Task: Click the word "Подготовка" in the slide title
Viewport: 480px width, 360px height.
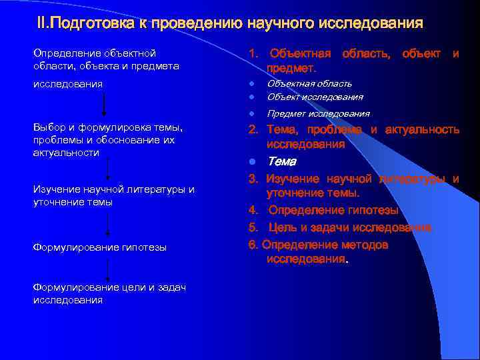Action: click(97, 25)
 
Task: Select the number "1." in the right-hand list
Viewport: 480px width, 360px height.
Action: click(254, 53)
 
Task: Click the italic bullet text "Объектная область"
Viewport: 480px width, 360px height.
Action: click(309, 84)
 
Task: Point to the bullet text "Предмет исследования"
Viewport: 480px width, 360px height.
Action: click(318, 113)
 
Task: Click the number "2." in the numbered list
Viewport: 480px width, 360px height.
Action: click(253, 129)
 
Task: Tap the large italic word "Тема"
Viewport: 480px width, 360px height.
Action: click(282, 161)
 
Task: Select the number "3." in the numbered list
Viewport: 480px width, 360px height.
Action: click(253, 179)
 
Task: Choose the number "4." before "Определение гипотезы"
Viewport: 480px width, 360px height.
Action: click(253, 211)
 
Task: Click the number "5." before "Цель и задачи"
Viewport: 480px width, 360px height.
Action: click(253, 228)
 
